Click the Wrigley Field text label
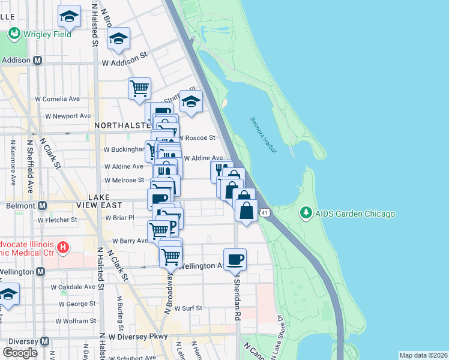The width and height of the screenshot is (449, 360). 47,34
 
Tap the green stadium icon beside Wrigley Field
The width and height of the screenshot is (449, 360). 13,34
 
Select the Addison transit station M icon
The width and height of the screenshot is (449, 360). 37,61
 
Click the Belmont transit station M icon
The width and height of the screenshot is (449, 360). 42,205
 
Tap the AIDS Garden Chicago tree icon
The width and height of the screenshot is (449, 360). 306,214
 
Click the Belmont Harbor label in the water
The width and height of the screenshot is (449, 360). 263,134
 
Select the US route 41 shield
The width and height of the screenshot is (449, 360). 264,212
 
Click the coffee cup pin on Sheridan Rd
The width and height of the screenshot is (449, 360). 235,259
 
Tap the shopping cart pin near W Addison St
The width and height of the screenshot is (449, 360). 139,88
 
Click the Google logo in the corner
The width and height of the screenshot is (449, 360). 20,352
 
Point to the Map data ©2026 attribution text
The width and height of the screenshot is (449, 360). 423,355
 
